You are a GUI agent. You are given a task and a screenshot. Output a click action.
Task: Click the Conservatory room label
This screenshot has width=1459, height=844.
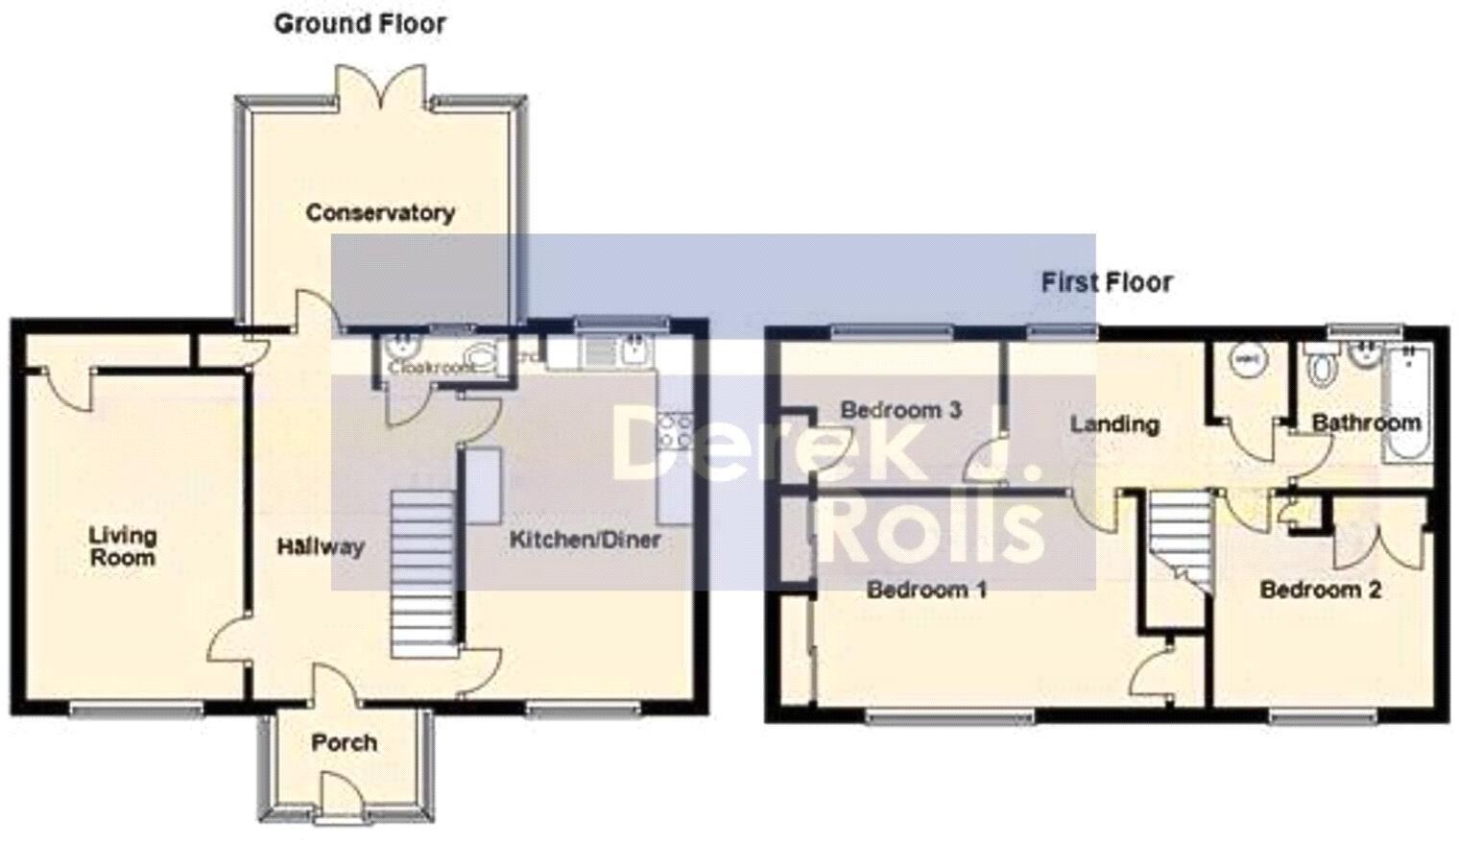coord(380,212)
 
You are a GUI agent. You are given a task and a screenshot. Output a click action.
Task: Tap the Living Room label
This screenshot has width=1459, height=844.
coord(123,546)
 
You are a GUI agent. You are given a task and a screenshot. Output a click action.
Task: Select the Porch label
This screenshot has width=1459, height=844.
coord(344,742)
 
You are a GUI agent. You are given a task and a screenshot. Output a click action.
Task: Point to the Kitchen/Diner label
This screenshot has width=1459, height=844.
coord(585,540)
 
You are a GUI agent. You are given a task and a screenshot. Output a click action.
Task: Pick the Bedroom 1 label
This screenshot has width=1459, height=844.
coord(926,589)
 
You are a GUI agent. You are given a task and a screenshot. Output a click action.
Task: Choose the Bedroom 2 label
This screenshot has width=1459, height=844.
coord(1320,590)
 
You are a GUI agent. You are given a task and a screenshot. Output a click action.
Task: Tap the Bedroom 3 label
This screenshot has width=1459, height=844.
coord(900,410)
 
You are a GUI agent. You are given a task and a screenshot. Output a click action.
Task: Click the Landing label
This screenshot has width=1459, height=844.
coord(1114,423)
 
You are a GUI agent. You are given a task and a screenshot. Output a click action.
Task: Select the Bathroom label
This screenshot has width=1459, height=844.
coord(1366,422)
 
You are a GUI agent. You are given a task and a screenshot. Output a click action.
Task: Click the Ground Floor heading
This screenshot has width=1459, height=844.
coord(360,23)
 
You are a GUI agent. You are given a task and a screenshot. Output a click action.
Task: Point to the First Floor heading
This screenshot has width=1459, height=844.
coord(1107,282)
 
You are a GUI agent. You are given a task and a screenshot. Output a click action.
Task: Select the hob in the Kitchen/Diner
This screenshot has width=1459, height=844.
coord(673,429)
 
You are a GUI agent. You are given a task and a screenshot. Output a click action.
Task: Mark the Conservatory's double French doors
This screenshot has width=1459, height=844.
coord(380,86)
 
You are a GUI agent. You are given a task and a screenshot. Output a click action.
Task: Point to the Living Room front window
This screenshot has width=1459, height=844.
coord(136,711)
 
